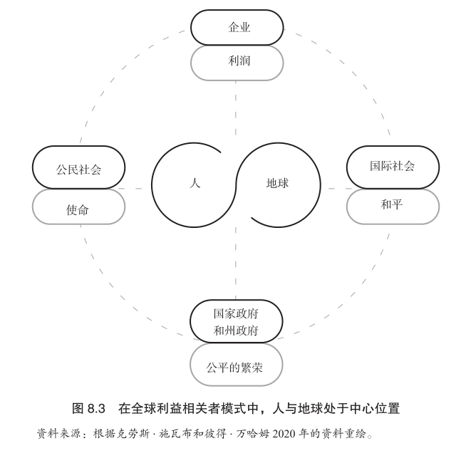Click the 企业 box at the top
tap(237, 28)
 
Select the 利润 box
tap(237, 63)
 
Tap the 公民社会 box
tap(78, 170)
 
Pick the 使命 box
tap(78, 208)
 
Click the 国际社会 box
tap(393, 167)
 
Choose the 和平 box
tap(393, 205)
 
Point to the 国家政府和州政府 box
tap(237, 321)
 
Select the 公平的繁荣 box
tap(237, 368)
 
